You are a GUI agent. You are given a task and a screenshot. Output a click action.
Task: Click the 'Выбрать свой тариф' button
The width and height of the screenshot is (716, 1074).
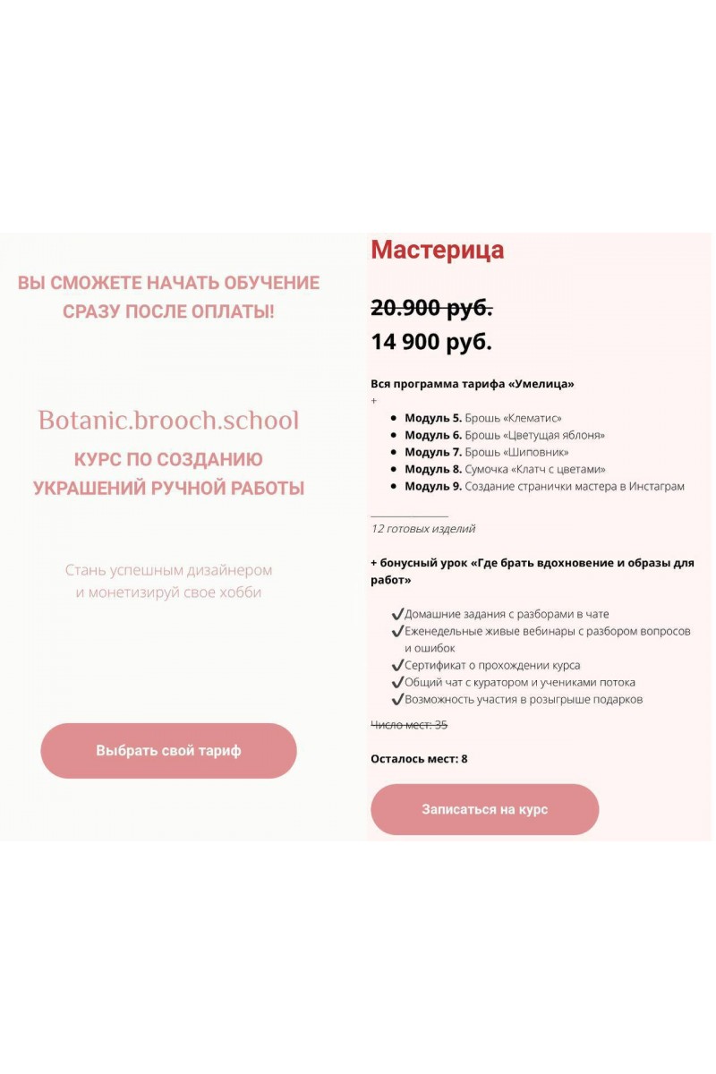168,751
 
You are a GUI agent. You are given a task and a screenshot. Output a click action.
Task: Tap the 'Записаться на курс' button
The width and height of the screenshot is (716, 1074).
484,810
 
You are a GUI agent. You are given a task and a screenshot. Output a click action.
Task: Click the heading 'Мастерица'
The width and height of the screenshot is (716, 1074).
438,251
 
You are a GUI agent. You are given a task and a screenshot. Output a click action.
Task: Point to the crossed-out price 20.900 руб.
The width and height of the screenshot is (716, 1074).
431,308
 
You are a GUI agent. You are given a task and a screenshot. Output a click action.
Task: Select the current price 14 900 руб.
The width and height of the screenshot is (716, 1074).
431,342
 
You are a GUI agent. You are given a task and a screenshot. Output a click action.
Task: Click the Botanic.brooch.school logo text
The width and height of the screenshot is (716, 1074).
168,421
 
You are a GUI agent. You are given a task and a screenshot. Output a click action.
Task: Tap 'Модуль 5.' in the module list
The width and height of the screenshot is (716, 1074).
433,418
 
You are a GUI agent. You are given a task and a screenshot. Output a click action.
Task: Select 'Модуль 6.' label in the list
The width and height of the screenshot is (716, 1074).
433,435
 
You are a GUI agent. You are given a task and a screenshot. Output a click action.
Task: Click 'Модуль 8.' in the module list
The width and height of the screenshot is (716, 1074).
433,469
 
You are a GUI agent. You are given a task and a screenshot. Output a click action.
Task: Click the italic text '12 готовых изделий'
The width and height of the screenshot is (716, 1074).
423,529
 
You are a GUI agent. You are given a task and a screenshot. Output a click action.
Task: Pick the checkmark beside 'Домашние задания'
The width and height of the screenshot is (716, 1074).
397,614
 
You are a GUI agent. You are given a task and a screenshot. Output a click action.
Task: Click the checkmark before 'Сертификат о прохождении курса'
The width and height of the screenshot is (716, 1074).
397,665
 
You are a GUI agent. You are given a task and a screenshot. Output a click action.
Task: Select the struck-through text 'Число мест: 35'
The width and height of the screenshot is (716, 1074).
409,725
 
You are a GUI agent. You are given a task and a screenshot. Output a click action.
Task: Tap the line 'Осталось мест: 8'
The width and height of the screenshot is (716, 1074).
419,759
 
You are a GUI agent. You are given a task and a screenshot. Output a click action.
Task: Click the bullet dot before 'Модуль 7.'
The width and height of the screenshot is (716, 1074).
394,452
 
